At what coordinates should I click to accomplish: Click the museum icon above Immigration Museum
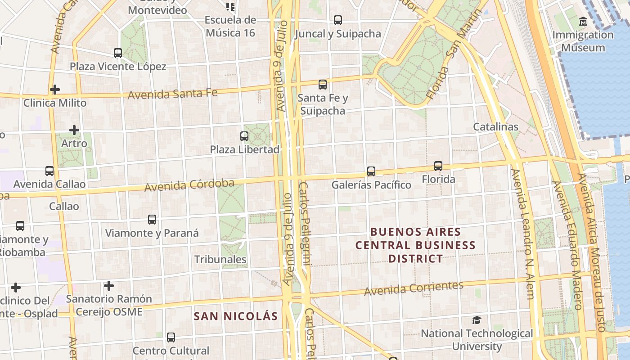tap(583, 21)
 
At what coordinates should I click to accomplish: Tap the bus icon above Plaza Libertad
tap(244, 136)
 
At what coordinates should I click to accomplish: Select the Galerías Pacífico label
tap(371, 185)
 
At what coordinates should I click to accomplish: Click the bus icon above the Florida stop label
tap(438, 166)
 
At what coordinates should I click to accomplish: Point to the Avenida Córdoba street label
tap(189, 184)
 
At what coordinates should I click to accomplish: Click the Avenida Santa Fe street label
tap(172, 94)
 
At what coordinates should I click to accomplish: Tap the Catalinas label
tap(495, 127)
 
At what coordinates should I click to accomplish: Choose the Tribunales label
tap(220, 260)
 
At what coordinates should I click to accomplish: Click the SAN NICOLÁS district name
tap(236, 316)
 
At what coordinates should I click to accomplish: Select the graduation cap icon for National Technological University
tap(477, 320)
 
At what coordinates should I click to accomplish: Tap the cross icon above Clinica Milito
tap(55, 90)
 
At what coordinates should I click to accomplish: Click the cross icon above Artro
tap(74, 130)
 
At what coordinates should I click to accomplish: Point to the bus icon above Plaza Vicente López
tap(118, 53)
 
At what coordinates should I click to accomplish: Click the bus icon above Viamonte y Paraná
tap(152, 220)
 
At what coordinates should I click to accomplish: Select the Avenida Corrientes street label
tap(414, 288)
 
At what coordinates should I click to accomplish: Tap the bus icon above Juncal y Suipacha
tap(338, 20)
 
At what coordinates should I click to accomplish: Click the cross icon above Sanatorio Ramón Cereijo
tap(108, 286)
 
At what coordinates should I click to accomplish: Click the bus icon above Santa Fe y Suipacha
tap(323, 85)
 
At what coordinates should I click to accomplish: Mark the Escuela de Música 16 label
tap(230, 26)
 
